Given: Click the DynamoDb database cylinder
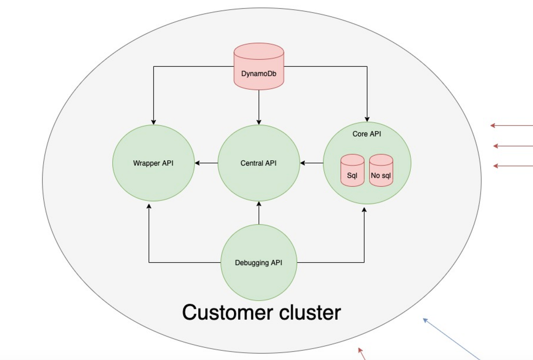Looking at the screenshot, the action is [x=259, y=66].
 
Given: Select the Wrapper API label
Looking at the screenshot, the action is [x=153, y=163].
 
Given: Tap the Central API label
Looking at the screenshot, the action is [x=259, y=163].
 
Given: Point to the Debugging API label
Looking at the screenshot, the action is [x=259, y=263].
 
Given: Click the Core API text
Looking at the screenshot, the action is [x=367, y=134].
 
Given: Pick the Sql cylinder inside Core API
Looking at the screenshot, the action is [x=353, y=170].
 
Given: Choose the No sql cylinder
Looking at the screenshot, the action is [x=381, y=170].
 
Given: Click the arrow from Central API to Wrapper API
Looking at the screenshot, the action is [x=206, y=163].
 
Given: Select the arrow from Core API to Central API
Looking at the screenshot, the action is [x=312, y=163].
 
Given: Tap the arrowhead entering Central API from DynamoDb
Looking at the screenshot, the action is [x=259, y=122].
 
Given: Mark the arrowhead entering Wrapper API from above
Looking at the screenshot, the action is [x=153, y=122].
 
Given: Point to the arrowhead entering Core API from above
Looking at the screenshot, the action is [x=367, y=119].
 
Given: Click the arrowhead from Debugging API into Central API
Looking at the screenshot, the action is [x=259, y=204].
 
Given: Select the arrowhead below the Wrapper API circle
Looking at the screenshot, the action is [x=149, y=206].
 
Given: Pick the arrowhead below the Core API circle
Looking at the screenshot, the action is [x=364, y=210].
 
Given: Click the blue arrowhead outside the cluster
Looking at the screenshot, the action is [x=425, y=320].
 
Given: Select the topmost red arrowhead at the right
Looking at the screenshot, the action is [x=493, y=125].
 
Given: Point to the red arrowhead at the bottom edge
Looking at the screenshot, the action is [x=360, y=350].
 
